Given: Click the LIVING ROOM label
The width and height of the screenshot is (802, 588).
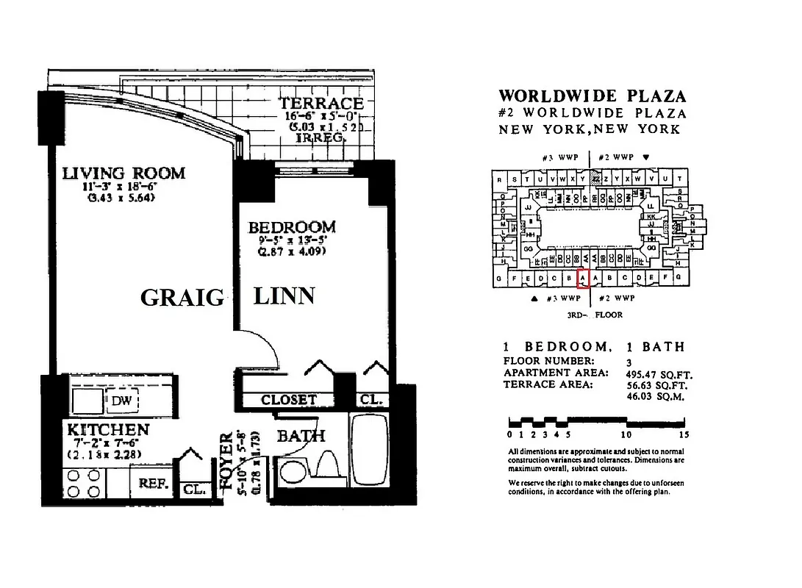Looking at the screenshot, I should tap(123, 173).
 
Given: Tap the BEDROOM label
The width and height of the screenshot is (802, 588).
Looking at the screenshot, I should tap(291, 227).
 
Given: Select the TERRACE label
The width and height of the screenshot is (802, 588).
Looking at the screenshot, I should tap(321, 104).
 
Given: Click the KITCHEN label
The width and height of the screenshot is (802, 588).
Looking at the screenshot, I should tap(108, 429).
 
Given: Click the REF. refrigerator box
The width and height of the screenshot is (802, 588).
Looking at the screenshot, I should tap(154, 485).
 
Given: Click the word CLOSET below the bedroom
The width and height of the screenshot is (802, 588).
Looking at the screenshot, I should tap(288, 400).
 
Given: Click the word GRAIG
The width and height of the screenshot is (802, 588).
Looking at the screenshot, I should tap(182, 298).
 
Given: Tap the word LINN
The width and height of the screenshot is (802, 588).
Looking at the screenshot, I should tap(284, 296).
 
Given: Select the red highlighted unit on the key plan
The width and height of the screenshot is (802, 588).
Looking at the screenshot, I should tap(583, 279).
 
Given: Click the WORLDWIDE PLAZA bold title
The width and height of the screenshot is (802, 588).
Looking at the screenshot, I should tap(592, 96).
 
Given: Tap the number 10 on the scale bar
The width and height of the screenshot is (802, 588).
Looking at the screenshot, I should tap(626, 434).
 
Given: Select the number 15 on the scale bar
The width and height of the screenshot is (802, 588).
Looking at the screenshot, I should tap(684, 434).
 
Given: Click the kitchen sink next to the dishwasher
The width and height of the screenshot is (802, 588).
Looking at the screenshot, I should tap(87, 400).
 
